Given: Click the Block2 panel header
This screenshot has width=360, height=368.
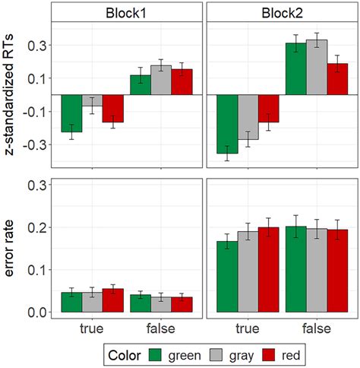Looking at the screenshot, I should (x=281, y=13).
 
